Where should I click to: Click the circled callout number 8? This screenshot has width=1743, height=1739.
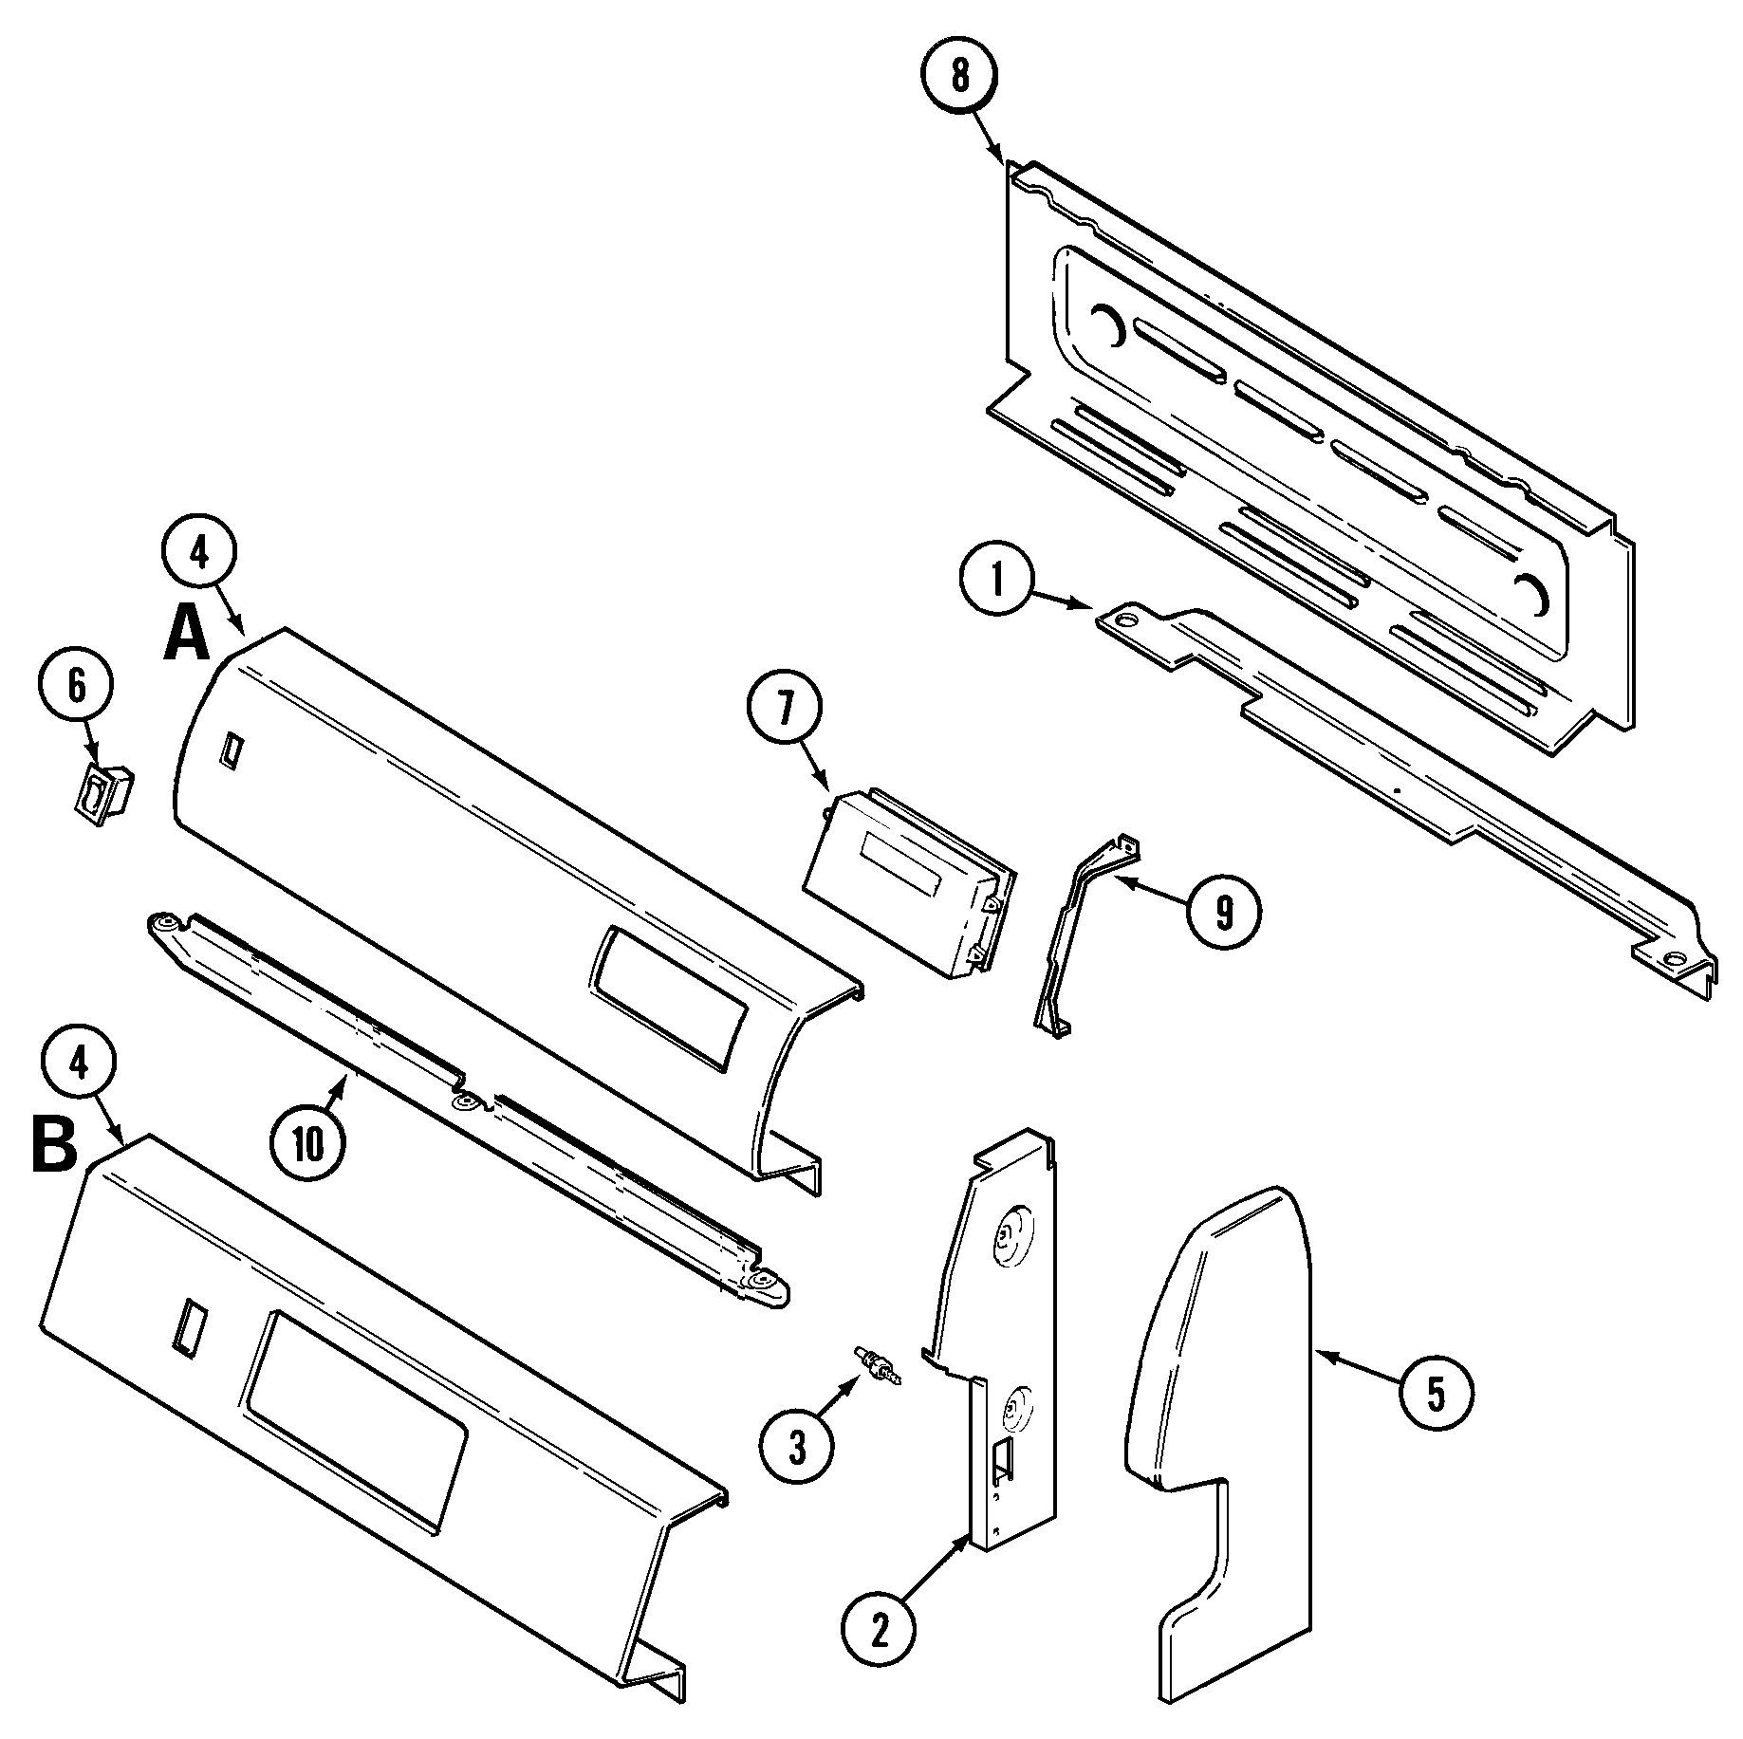click(x=959, y=76)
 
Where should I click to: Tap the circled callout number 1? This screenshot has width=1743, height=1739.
click(x=997, y=582)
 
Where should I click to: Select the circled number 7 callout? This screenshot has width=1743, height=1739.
click(x=784, y=711)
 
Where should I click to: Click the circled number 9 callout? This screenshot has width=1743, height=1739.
click(x=1224, y=911)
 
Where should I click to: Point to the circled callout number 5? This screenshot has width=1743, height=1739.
click(x=1436, y=1393)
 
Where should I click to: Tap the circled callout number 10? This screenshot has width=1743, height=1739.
click(x=307, y=1145)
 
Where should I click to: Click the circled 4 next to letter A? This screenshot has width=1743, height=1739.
click(x=199, y=554)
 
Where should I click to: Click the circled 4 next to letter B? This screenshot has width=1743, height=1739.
click(x=81, y=1065)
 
